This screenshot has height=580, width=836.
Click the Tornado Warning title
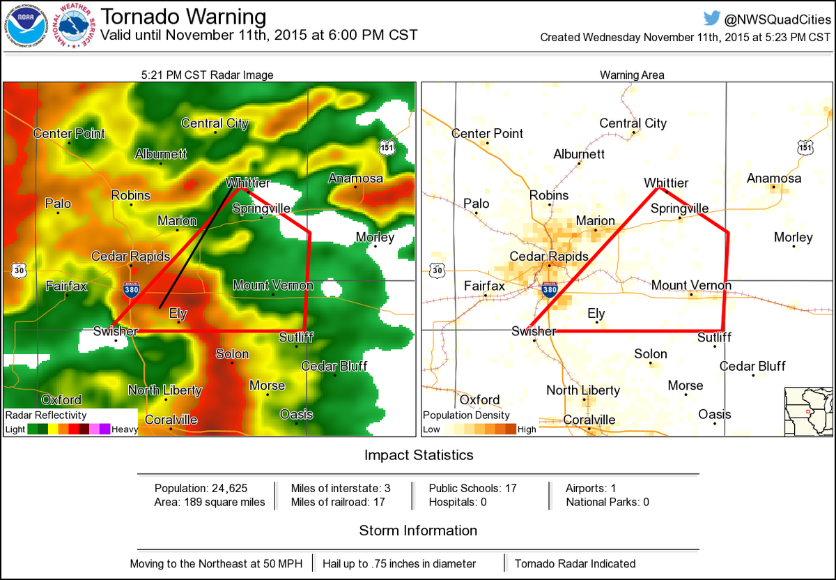point(183,17)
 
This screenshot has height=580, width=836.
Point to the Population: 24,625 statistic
point(201,488)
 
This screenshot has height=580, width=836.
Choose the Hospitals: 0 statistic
point(458,502)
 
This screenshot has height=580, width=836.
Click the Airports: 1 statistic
point(591,488)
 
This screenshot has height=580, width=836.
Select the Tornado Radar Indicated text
point(575,563)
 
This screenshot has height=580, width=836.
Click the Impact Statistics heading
point(419,455)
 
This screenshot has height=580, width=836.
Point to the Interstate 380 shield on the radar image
point(130,289)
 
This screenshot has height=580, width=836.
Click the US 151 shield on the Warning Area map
point(805,148)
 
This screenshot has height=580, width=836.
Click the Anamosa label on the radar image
point(355,178)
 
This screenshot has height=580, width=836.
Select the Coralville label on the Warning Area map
point(589,420)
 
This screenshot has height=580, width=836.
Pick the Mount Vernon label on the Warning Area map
point(691,285)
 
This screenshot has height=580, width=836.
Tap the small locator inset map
point(808,411)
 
